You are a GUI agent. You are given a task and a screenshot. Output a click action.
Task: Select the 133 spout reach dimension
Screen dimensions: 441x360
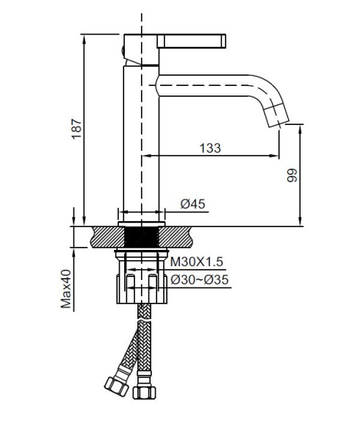coord(209,148)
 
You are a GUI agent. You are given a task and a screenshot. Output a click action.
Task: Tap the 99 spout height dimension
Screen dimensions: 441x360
coord(292,175)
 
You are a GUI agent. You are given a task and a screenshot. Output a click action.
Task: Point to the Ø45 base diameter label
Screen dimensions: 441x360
coord(192,204)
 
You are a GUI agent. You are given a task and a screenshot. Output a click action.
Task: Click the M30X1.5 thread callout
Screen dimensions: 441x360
coord(196,262)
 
